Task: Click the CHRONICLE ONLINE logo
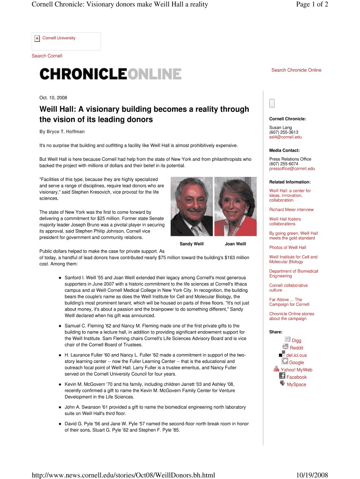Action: [110, 74]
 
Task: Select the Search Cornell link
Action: [47, 56]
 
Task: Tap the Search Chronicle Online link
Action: [296, 70]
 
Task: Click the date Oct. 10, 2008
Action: [53, 98]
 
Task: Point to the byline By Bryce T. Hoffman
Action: [62, 132]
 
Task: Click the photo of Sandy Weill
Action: [192, 207]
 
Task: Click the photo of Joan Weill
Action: [235, 207]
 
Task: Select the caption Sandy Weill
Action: [192, 244]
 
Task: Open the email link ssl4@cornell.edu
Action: [285, 137]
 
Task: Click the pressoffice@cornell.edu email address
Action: [292, 168]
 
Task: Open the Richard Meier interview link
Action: [291, 210]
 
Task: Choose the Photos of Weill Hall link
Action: [288, 247]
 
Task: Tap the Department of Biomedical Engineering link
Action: [293, 274]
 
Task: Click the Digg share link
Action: [296, 341]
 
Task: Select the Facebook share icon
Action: [282, 376]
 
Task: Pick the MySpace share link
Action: [296, 385]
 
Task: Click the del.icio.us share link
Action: [296, 355]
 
